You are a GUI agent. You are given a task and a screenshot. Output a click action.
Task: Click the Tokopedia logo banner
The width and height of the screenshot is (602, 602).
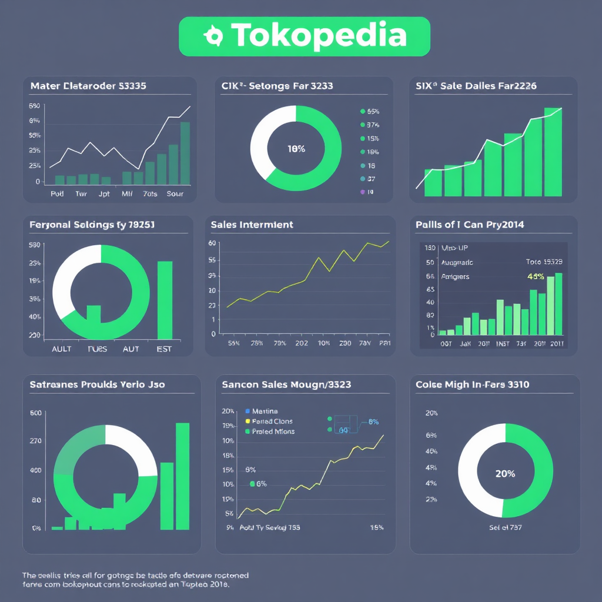[304, 36]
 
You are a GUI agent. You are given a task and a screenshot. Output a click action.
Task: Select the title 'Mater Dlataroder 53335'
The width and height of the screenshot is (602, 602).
[88, 86]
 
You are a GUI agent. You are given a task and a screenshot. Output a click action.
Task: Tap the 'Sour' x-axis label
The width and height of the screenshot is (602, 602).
[175, 193]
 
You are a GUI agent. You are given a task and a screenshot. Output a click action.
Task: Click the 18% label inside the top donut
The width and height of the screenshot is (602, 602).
[296, 149]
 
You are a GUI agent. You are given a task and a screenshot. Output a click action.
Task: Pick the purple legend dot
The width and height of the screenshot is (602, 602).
[362, 192]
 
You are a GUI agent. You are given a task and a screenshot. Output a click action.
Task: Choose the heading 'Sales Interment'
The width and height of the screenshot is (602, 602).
[252, 225]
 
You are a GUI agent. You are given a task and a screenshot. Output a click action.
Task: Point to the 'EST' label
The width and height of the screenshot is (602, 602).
[164, 349]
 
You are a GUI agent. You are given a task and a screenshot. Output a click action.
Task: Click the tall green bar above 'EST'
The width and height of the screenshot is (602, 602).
[165, 300]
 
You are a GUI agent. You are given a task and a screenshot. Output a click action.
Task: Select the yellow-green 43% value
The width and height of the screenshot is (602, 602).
[536, 276]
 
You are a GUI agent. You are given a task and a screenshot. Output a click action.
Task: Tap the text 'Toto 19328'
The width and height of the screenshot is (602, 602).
[543, 262]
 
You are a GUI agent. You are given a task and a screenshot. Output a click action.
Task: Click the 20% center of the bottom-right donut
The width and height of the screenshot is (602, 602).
[505, 473]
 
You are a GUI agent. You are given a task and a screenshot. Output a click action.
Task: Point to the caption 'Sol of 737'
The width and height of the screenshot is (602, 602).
[505, 527]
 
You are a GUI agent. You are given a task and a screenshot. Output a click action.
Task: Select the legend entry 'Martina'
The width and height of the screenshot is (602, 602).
[265, 412]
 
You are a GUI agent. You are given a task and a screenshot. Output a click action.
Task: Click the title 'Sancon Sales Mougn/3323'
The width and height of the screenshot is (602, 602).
[286, 384]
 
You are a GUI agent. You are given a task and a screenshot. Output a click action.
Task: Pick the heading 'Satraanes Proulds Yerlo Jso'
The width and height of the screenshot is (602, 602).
[97, 384]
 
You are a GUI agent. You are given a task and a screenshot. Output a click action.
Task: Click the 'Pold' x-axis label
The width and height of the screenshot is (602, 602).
[57, 193]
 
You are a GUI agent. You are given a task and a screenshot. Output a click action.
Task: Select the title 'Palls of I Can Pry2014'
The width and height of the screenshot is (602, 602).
[469, 225]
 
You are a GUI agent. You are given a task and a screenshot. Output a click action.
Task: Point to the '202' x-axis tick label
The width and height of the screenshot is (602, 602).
[302, 343]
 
